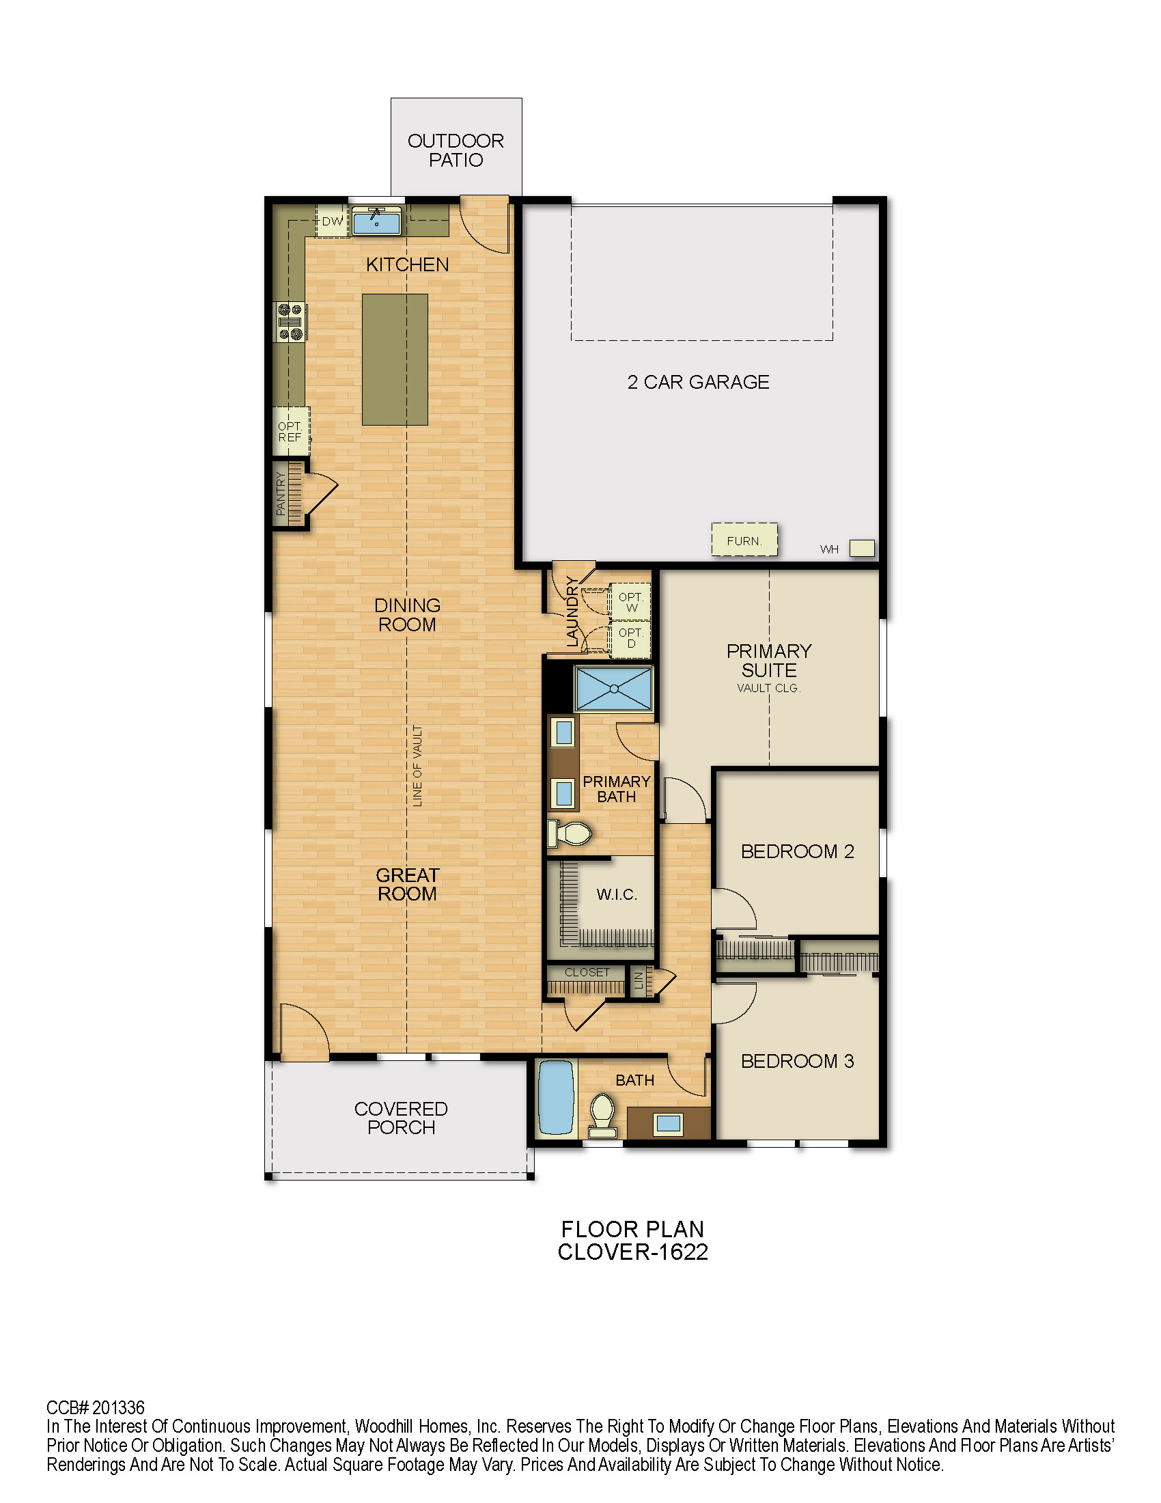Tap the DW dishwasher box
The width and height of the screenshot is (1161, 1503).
tap(332, 221)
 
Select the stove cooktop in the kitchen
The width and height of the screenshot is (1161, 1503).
tap(290, 321)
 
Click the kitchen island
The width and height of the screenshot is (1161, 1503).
tap(395, 359)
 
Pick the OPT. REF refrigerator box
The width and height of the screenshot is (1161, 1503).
tap(291, 432)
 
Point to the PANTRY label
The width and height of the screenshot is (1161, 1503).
tap(281, 493)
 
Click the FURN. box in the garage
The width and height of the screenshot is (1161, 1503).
tap(744, 540)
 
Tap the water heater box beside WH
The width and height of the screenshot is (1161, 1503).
tap(862, 548)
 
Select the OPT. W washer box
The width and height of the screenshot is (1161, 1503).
tap(630, 602)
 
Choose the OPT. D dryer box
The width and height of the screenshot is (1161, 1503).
tap(630, 638)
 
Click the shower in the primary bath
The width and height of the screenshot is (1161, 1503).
tap(613, 688)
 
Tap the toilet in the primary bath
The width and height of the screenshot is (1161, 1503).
tap(569, 833)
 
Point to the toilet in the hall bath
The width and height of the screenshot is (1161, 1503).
tap(602, 1116)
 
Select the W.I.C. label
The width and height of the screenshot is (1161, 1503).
tap(617, 895)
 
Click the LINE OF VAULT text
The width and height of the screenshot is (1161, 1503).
tap(417, 765)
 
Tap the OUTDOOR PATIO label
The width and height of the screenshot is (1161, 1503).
tap(456, 151)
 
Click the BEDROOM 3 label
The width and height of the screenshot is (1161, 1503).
tap(797, 1061)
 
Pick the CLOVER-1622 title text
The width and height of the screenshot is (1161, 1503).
tap(633, 1252)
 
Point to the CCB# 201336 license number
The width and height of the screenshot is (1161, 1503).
tap(96, 1407)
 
